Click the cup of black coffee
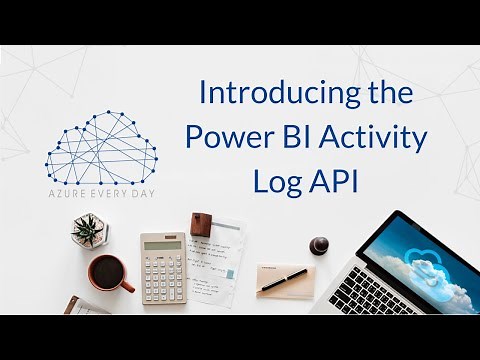(x=107, y=271)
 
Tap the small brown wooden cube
(x=202, y=223)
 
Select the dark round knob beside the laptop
(x=320, y=244)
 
